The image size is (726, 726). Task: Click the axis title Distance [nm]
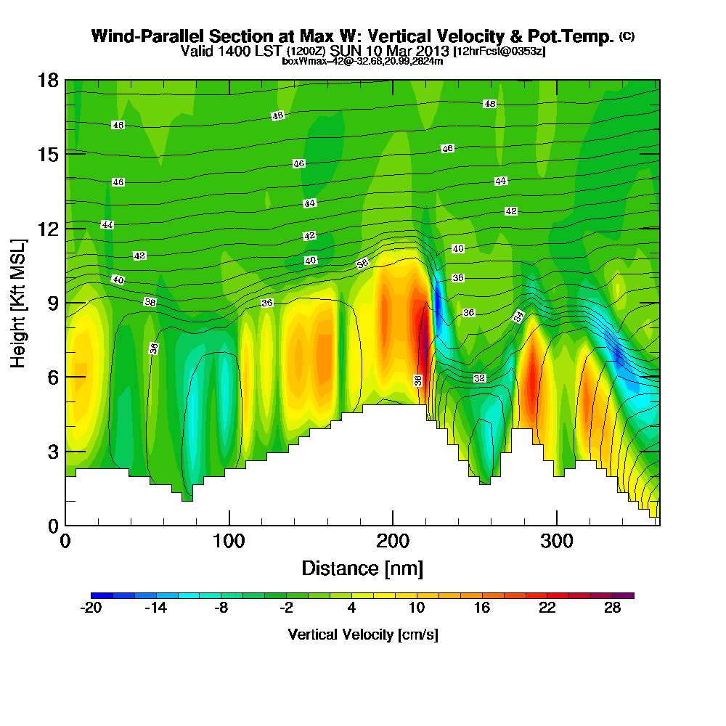tap(362, 568)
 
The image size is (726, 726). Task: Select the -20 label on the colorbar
tap(91, 608)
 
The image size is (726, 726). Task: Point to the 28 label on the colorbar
tap(612, 608)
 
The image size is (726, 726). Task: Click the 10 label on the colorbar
tap(417, 608)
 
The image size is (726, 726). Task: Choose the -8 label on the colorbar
tap(221, 608)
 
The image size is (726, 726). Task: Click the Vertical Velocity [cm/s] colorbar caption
tap(362, 635)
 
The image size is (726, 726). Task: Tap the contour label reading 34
tap(518, 316)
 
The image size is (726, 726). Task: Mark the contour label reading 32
tap(479, 378)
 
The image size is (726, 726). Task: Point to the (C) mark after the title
tap(627, 36)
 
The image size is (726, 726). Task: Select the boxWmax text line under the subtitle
tap(362, 61)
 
